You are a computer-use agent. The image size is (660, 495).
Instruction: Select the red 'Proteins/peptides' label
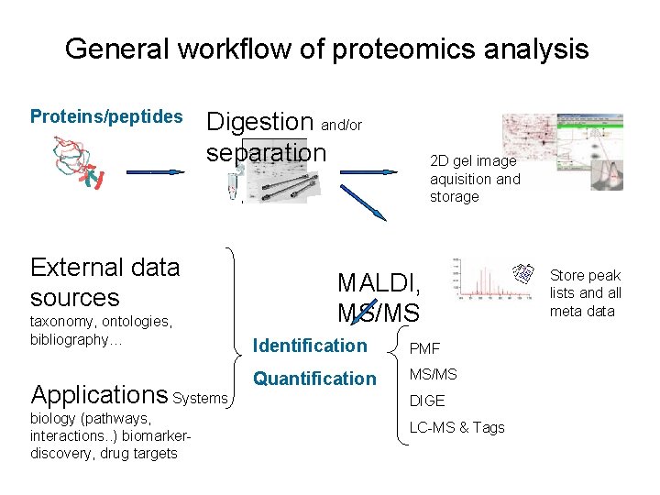[106, 116]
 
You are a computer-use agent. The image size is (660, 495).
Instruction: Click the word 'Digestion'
[260, 121]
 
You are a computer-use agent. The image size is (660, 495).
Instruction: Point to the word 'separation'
[266, 151]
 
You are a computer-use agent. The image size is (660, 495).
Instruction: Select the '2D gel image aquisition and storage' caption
[475, 179]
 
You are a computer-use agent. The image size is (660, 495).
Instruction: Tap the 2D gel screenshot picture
[562, 151]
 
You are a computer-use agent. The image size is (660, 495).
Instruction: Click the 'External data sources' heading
[104, 282]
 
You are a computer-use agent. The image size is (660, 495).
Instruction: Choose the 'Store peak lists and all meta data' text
[586, 293]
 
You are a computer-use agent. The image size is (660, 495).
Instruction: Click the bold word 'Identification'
[309, 346]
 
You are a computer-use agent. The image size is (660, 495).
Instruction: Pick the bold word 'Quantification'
[314, 379]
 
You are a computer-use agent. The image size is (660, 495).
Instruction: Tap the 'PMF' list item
[424, 348]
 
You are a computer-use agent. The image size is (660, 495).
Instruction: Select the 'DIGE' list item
[427, 401]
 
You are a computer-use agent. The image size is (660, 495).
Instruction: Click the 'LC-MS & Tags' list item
[456, 427]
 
